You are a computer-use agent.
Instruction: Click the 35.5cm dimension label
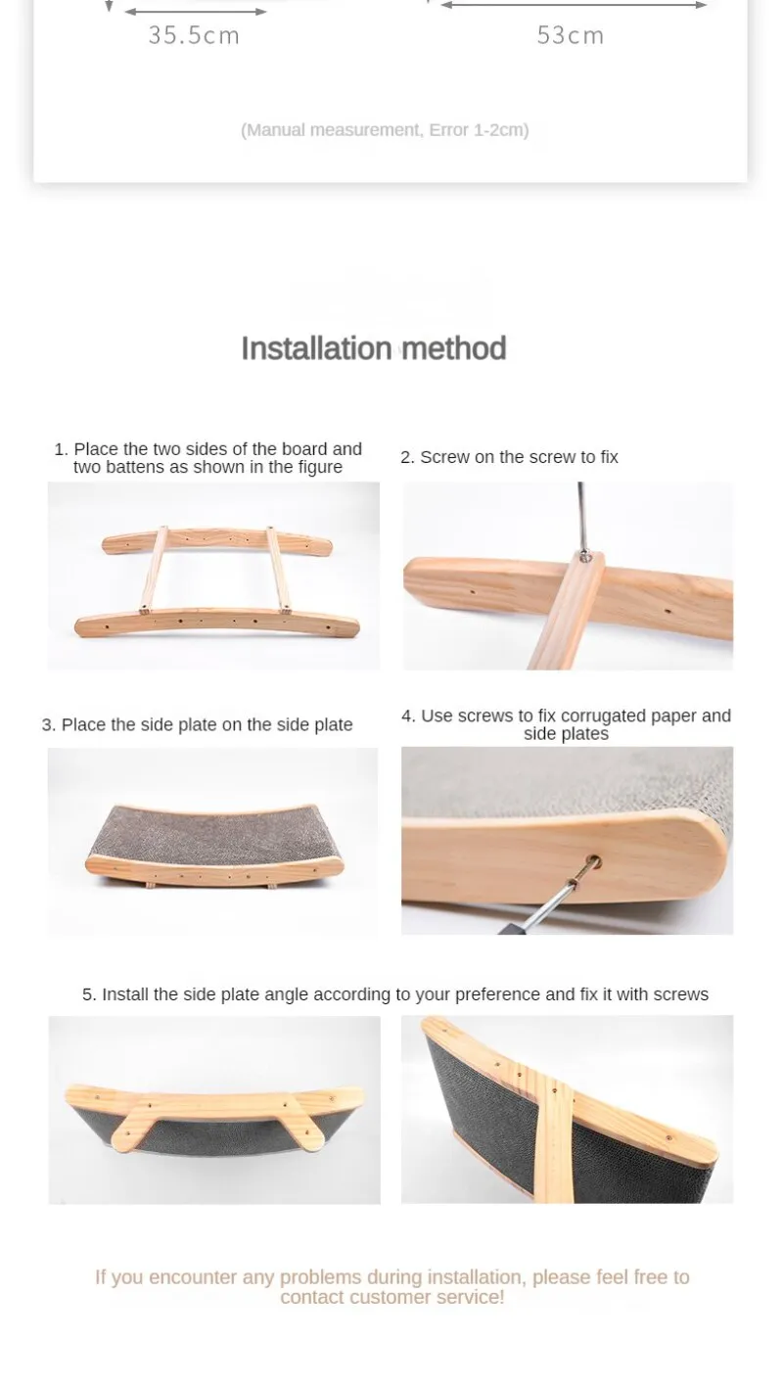(194, 35)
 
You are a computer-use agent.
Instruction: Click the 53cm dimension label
(570, 35)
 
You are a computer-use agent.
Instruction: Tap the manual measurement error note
(385, 130)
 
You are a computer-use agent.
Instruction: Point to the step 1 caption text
(207, 458)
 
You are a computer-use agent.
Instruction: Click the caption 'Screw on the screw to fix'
(509, 457)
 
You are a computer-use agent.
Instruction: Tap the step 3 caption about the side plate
(197, 724)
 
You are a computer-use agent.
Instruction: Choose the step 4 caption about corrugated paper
(566, 724)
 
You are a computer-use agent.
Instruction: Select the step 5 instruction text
(394, 994)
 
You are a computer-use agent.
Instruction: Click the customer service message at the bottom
(391, 1286)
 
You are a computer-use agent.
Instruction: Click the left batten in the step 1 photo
(154, 569)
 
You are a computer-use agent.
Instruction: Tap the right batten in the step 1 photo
(279, 570)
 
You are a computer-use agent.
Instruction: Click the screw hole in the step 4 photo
(593, 860)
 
